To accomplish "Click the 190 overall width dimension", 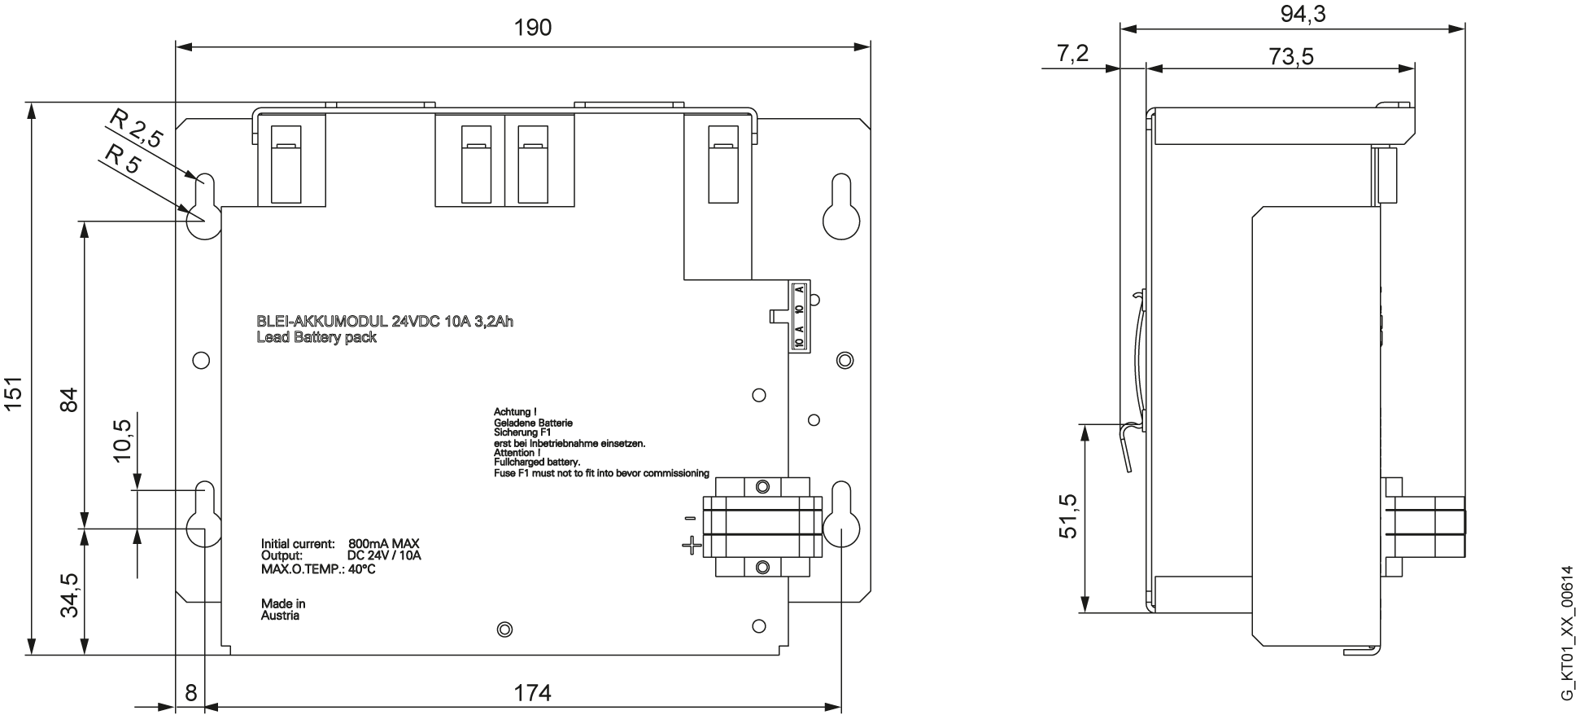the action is pyautogui.click(x=533, y=28).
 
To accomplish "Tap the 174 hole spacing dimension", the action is pyautogui.click(x=533, y=693).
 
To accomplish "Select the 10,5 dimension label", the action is pyautogui.click(x=123, y=441).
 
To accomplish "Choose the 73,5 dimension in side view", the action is pyautogui.click(x=1291, y=56).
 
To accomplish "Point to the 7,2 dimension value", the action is pyautogui.click(x=1072, y=54).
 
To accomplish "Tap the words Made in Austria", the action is pyautogui.click(x=283, y=610).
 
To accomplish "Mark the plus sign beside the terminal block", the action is pyautogui.click(x=692, y=545).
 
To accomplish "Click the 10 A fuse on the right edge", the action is pyautogui.click(x=799, y=316).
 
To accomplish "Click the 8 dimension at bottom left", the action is pyautogui.click(x=190, y=693).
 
